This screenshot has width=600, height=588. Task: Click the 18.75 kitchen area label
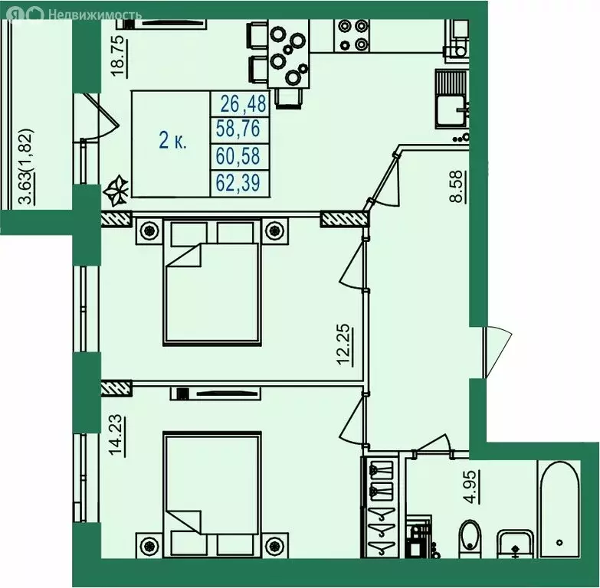click(119, 56)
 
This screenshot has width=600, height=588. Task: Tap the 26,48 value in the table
click(243, 104)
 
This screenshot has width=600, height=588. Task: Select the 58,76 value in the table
click(238, 128)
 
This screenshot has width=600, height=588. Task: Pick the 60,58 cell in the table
click(238, 156)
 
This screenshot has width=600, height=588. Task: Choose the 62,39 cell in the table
click(238, 182)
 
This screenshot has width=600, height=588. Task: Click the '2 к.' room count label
click(172, 141)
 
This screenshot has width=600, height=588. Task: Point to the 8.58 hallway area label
click(458, 186)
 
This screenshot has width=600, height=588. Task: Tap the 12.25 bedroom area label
click(344, 345)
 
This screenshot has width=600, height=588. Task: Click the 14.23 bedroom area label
click(117, 436)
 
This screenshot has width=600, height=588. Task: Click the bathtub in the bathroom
click(559, 509)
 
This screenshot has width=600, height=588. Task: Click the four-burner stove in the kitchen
click(352, 36)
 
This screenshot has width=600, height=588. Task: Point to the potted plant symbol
click(116, 190)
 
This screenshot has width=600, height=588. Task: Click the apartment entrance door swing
click(497, 351)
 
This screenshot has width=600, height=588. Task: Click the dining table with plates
click(289, 54)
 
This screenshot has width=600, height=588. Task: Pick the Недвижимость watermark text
click(95, 15)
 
